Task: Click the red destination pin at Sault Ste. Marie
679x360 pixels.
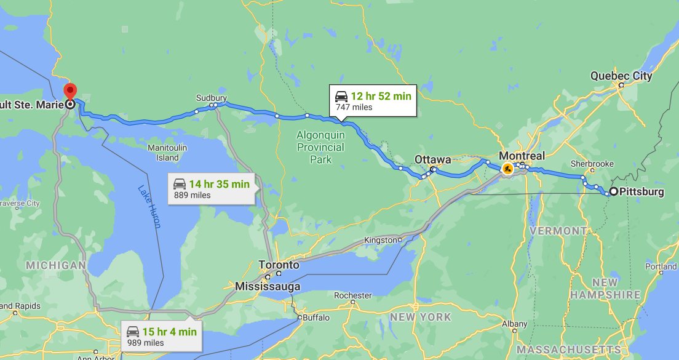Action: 70,92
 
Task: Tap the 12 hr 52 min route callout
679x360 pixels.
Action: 372,101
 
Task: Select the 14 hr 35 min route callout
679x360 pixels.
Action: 210,189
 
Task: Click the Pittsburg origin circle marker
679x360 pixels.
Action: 613,191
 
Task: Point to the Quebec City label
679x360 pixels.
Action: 621,76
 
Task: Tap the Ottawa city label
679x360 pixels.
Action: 432,159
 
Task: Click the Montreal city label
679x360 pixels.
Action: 522,156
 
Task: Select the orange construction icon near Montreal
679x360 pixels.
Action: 507,169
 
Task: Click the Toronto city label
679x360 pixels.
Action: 279,265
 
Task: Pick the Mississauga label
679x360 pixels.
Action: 268,286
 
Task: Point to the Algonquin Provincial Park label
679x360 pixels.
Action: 320,147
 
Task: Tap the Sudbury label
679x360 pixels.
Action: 212,98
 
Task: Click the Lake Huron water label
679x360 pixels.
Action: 149,207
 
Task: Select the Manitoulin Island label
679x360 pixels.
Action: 167,153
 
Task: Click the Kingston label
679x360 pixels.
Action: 381,239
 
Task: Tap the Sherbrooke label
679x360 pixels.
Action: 592,164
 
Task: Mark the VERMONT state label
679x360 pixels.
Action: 558,231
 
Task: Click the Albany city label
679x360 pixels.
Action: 514,324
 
